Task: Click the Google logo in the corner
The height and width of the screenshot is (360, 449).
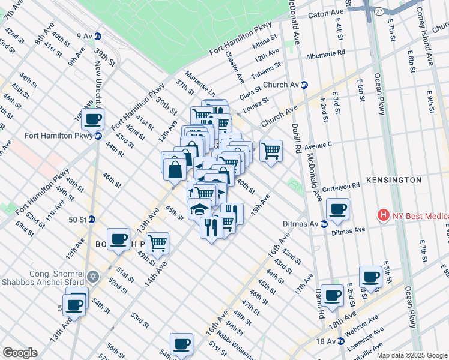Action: click(x=20, y=353)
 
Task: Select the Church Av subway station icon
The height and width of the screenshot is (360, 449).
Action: click(x=304, y=85)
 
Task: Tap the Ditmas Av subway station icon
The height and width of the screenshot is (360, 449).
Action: click(x=324, y=224)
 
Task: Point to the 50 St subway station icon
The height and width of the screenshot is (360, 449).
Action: click(x=92, y=220)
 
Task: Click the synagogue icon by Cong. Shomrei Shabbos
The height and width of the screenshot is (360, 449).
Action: click(x=92, y=277)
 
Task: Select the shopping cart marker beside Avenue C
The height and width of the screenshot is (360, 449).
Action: click(x=271, y=151)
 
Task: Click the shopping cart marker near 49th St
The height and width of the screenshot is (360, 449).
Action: click(x=157, y=244)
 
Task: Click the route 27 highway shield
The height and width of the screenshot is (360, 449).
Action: click(x=379, y=11)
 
